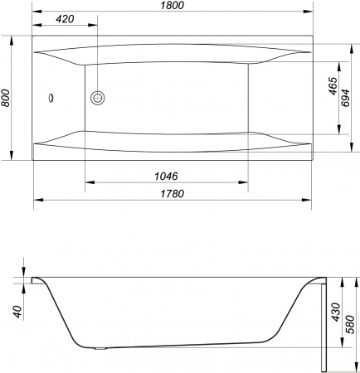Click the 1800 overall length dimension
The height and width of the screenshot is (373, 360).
tap(172, 7)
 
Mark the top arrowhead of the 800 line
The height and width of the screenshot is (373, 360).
tap(13, 37)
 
